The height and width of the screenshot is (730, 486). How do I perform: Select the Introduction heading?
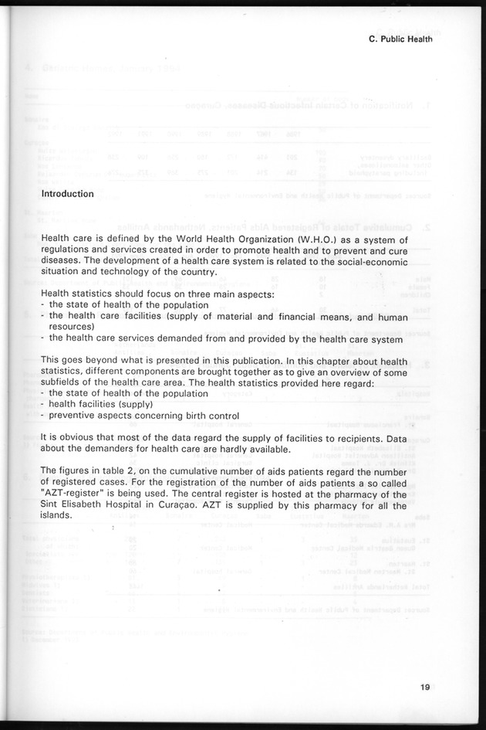coord(68,194)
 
